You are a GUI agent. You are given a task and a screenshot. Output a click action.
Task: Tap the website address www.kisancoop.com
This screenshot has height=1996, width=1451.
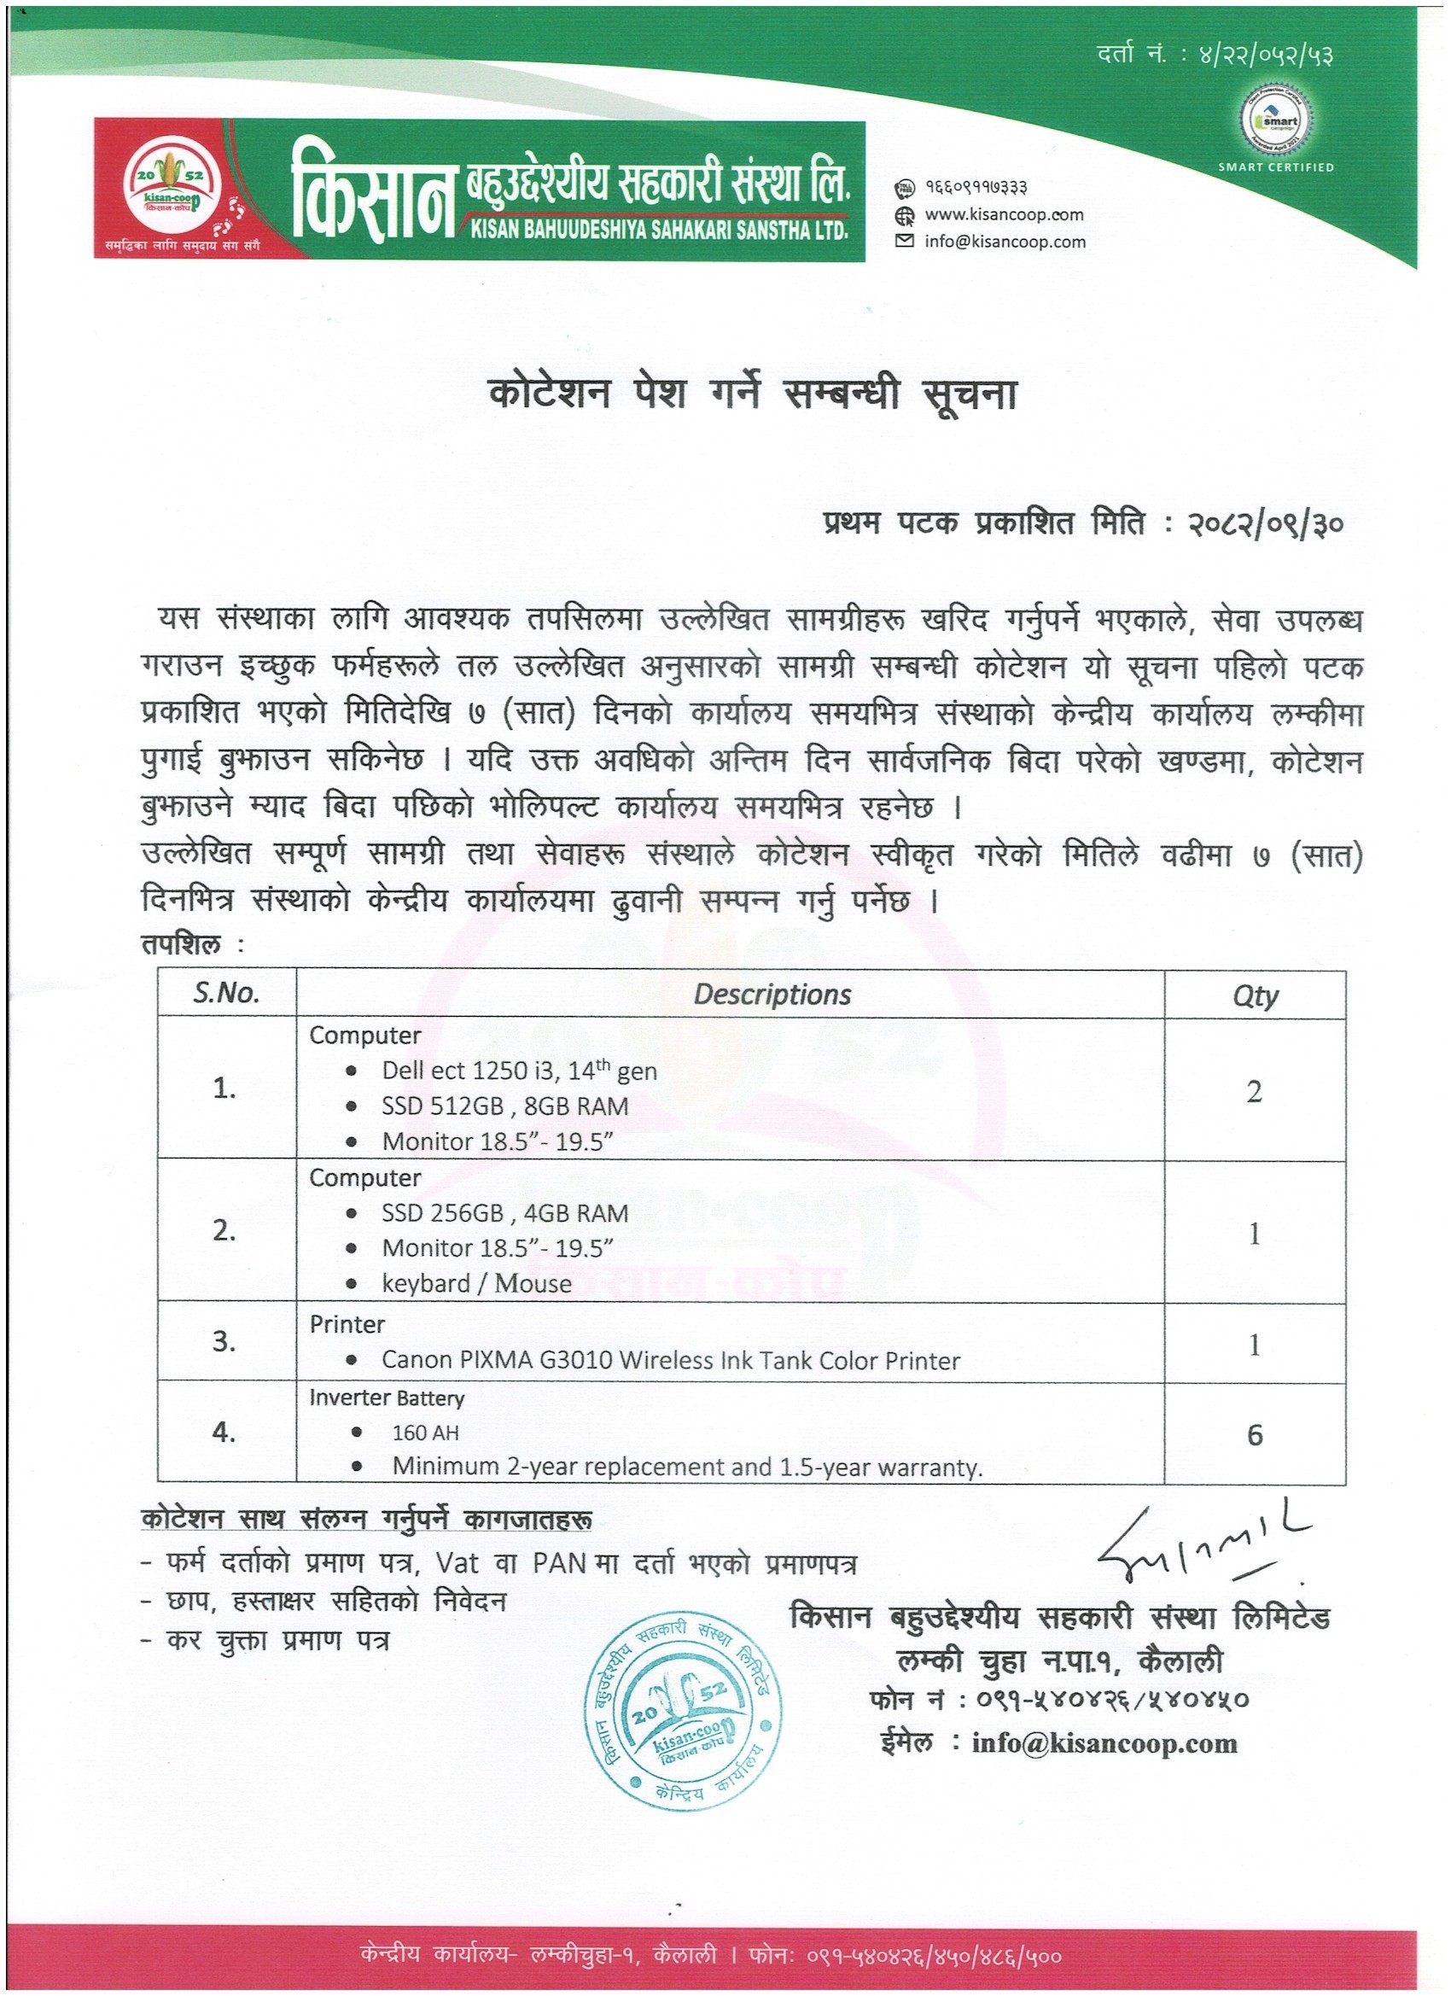1003,213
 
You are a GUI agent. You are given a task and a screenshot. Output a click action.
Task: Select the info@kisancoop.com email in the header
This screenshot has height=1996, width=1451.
1004,241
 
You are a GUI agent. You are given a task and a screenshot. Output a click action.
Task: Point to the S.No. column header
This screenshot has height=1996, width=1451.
226,994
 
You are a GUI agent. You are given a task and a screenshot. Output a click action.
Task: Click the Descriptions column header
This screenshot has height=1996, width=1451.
772,995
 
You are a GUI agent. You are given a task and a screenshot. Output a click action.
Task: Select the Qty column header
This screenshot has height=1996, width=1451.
1254,995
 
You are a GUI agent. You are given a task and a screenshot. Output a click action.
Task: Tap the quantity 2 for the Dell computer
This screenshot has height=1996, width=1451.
1254,1091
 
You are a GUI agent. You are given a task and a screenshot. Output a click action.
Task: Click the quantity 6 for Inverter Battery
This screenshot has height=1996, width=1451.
1255,1435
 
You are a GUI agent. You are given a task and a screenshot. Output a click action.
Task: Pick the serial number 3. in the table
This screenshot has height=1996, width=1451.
224,1341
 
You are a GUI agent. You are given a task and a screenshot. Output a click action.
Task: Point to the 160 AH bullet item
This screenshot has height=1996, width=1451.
425,1433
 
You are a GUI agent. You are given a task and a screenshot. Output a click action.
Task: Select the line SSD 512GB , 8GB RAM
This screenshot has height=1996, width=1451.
504,1106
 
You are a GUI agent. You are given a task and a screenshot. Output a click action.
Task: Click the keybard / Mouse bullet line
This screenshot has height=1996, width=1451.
476,1283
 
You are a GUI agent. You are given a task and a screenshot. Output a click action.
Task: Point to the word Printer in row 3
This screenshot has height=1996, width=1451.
347,1323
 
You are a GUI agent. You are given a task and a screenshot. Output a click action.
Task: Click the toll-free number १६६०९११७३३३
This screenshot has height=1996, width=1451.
976,188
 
